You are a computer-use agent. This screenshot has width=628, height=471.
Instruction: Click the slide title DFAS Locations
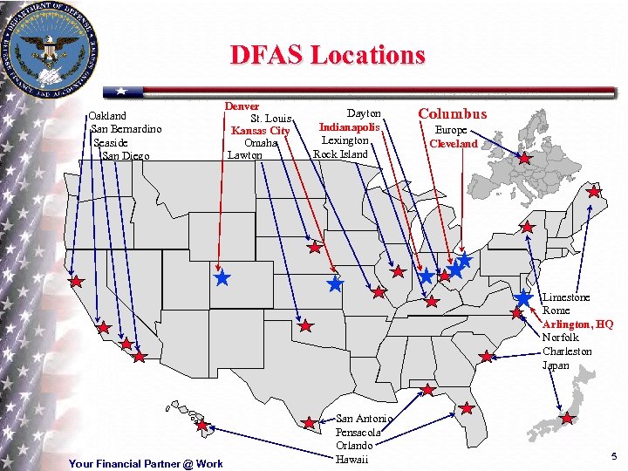tap(327, 55)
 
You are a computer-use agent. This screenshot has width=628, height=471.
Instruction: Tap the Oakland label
tap(107, 115)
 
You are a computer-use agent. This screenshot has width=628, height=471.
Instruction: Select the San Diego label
tap(126, 155)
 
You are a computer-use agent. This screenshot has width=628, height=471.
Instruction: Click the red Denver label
tap(242, 106)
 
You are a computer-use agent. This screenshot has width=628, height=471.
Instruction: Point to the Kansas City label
tap(260, 131)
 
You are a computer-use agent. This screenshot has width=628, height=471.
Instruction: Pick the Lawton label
tap(244, 154)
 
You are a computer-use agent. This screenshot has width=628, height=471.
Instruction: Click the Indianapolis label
tap(349, 127)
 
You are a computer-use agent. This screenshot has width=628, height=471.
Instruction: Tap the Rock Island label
tap(340, 154)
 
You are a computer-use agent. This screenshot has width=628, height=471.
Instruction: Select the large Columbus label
tap(453, 113)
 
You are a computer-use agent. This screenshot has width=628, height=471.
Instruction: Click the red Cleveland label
tap(454, 143)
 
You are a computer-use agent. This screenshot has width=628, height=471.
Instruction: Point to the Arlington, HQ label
tap(577, 324)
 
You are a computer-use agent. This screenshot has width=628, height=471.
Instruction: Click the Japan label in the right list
tap(556, 365)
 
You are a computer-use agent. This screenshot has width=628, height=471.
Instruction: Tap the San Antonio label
tap(365, 419)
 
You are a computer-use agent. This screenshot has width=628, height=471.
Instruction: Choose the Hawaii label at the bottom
tap(352, 459)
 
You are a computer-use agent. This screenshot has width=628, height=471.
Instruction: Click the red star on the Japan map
tap(568, 419)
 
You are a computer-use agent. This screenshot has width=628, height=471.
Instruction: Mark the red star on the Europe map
tap(524, 159)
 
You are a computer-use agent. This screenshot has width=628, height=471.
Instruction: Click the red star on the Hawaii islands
tap(202, 426)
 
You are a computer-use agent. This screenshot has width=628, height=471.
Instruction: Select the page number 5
tap(614, 456)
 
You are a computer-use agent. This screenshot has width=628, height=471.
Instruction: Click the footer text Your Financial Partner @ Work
tap(146, 463)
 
